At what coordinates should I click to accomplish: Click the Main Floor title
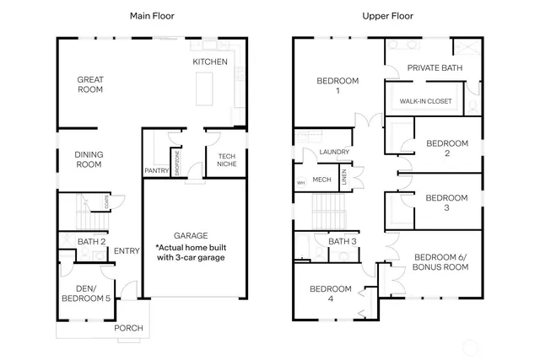coord(151,16)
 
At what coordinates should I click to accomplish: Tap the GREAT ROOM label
coord(90,84)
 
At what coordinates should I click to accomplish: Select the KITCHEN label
coord(209,62)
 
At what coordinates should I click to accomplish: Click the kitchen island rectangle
coord(205,88)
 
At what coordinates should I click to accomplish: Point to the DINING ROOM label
coord(88,159)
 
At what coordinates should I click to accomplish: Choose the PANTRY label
coord(157,170)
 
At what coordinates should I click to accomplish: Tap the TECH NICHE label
coord(226,160)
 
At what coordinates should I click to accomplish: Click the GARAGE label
coord(195,235)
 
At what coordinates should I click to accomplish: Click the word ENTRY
coord(127,250)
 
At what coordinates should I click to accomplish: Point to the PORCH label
coord(129,328)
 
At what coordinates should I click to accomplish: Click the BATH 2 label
coord(92,242)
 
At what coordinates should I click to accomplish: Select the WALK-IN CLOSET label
coord(425,101)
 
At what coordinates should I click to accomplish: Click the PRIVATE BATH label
coord(433,67)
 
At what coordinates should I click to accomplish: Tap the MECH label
coord(321,179)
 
